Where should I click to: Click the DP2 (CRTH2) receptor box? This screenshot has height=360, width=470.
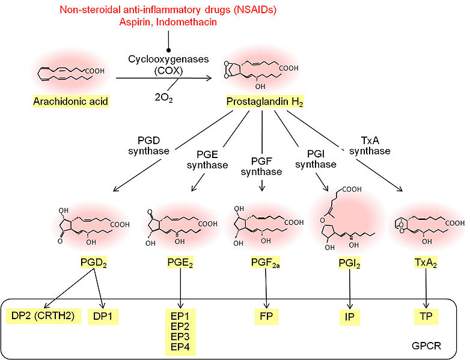pyautogui.click(x=43, y=316)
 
